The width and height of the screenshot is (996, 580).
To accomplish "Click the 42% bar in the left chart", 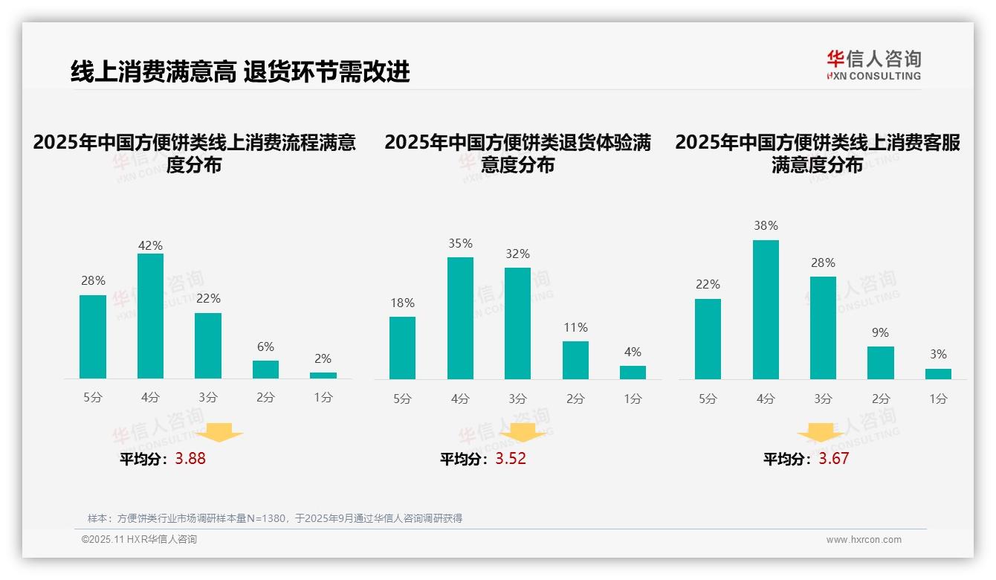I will pyautogui.click(x=150, y=316).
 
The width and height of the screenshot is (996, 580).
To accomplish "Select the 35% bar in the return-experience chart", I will pyautogui.click(x=460, y=318).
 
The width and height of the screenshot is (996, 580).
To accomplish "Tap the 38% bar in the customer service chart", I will pyautogui.click(x=766, y=309).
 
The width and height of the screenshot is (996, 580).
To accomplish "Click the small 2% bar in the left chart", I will pyautogui.click(x=323, y=376).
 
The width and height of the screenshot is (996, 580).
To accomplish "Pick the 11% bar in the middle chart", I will pyautogui.click(x=575, y=361).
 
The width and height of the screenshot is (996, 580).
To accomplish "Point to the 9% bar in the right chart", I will pyautogui.click(x=881, y=363).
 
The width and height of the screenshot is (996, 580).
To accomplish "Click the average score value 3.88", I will pyautogui.click(x=190, y=459).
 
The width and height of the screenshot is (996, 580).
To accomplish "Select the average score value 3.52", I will pyautogui.click(x=511, y=459).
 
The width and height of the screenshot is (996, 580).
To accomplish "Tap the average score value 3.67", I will pyautogui.click(x=833, y=459).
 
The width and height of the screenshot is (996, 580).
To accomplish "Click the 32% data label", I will pyautogui.click(x=518, y=254).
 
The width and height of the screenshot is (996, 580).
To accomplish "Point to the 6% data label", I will pyautogui.click(x=265, y=347).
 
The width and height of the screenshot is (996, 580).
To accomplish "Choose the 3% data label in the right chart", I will pyautogui.click(x=938, y=355).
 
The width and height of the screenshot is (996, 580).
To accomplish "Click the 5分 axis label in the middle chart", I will pyautogui.click(x=402, y=399).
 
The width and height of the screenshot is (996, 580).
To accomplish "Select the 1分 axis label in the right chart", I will pyautogui.click(x=938, y=399).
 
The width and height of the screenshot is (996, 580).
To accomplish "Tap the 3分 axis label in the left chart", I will pyautogui.click(x=208, y=398).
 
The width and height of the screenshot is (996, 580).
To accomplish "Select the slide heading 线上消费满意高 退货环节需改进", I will pyautogui.click(x=240, y=72).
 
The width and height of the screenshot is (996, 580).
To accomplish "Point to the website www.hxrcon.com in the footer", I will pyautogui.click(x=863, y=540).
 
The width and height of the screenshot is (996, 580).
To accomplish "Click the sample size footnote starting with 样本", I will pyautogui.click(x=275, y=518).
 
